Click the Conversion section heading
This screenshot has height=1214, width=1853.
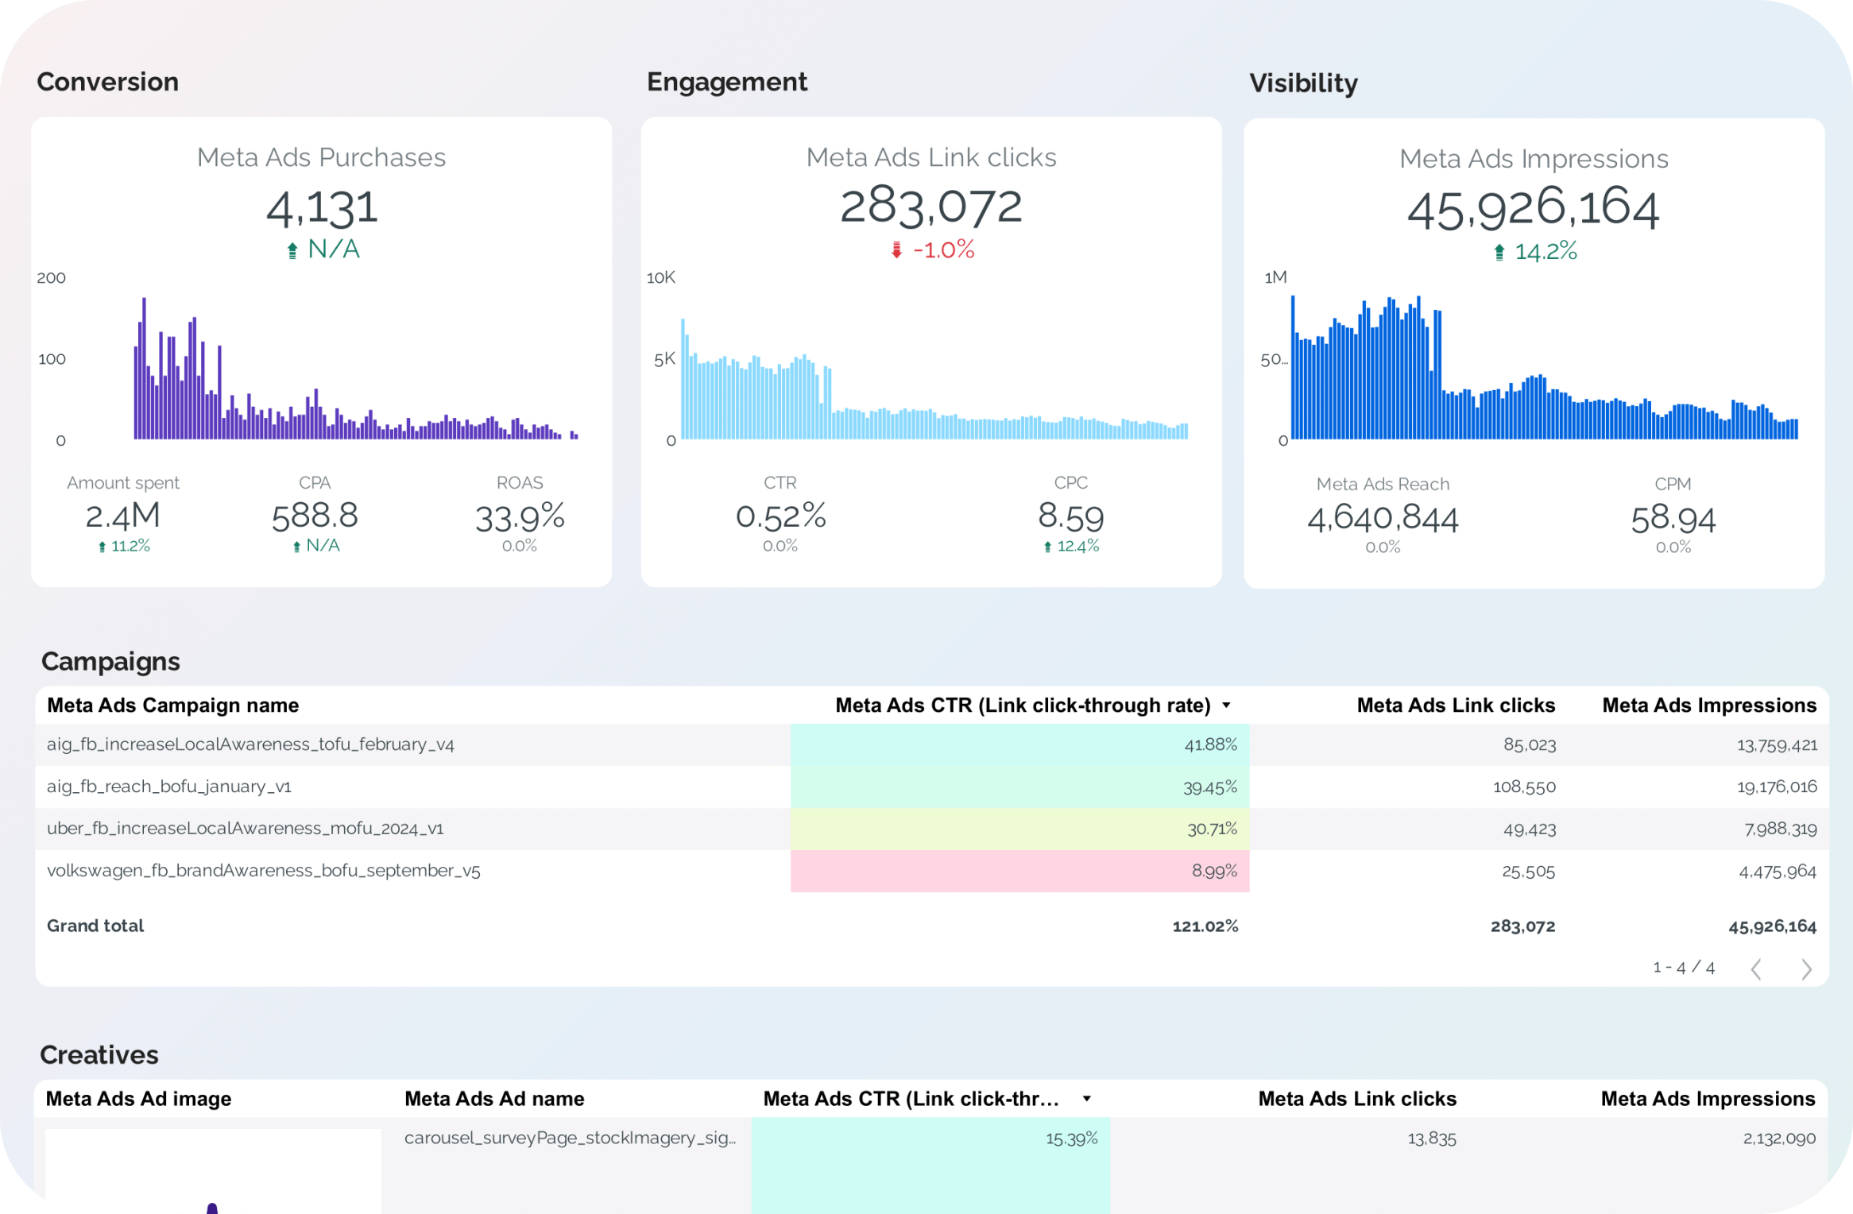108,82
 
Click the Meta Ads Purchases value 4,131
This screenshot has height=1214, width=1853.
322,208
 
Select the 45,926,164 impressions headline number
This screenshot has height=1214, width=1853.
1534,209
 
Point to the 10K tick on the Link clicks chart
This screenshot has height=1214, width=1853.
660,277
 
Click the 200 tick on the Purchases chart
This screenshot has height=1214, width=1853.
52,277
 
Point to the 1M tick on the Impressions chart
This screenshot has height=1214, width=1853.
1275,277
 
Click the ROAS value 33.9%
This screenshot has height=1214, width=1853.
520,518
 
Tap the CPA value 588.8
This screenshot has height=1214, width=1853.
315,516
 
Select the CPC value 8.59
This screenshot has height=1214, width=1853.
1071,517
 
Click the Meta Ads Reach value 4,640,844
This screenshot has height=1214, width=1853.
1383,519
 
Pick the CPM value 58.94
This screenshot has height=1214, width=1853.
1673,520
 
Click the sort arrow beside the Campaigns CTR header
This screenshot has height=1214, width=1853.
1226,706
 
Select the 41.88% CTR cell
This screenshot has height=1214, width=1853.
1020,744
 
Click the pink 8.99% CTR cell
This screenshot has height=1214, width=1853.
1020,871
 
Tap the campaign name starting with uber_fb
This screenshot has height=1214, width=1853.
246,829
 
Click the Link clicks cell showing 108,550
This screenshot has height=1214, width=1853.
1524,787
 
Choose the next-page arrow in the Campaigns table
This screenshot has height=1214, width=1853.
1806,968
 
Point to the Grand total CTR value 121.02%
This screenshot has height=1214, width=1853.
1205,926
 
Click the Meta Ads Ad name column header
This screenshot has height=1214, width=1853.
494,1099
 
